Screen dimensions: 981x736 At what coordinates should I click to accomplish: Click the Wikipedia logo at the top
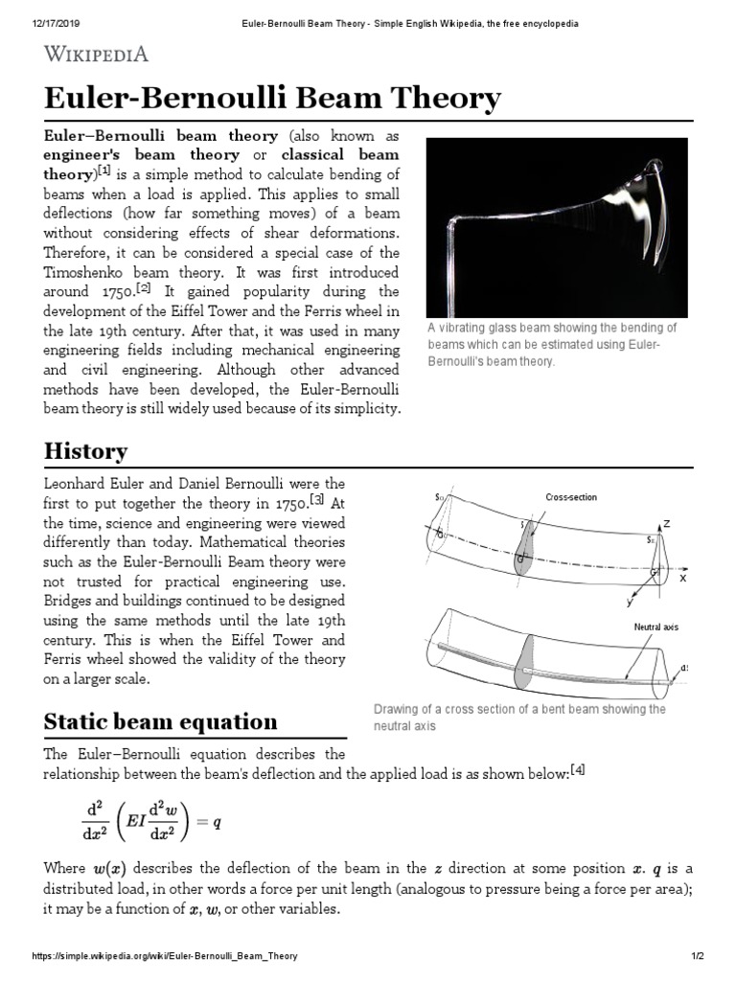click(x=96, y=54)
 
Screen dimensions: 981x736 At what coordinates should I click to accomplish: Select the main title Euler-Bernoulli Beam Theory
click(x=272, y=99)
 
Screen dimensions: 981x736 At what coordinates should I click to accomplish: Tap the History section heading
click(x=85, y=450)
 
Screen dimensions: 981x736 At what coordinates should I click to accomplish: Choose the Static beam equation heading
click(x=161, y=720)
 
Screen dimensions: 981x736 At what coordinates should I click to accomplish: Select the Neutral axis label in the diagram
click(x=655, y=627)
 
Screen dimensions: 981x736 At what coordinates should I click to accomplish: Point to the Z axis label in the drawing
click(x=666, y=524)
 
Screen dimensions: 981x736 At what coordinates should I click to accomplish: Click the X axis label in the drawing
click(x=683, y=579)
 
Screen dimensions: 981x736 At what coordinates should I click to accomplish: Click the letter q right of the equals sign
click(x=218, y=821)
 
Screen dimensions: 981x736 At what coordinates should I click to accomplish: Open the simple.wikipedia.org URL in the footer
click(x=164, y=956)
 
